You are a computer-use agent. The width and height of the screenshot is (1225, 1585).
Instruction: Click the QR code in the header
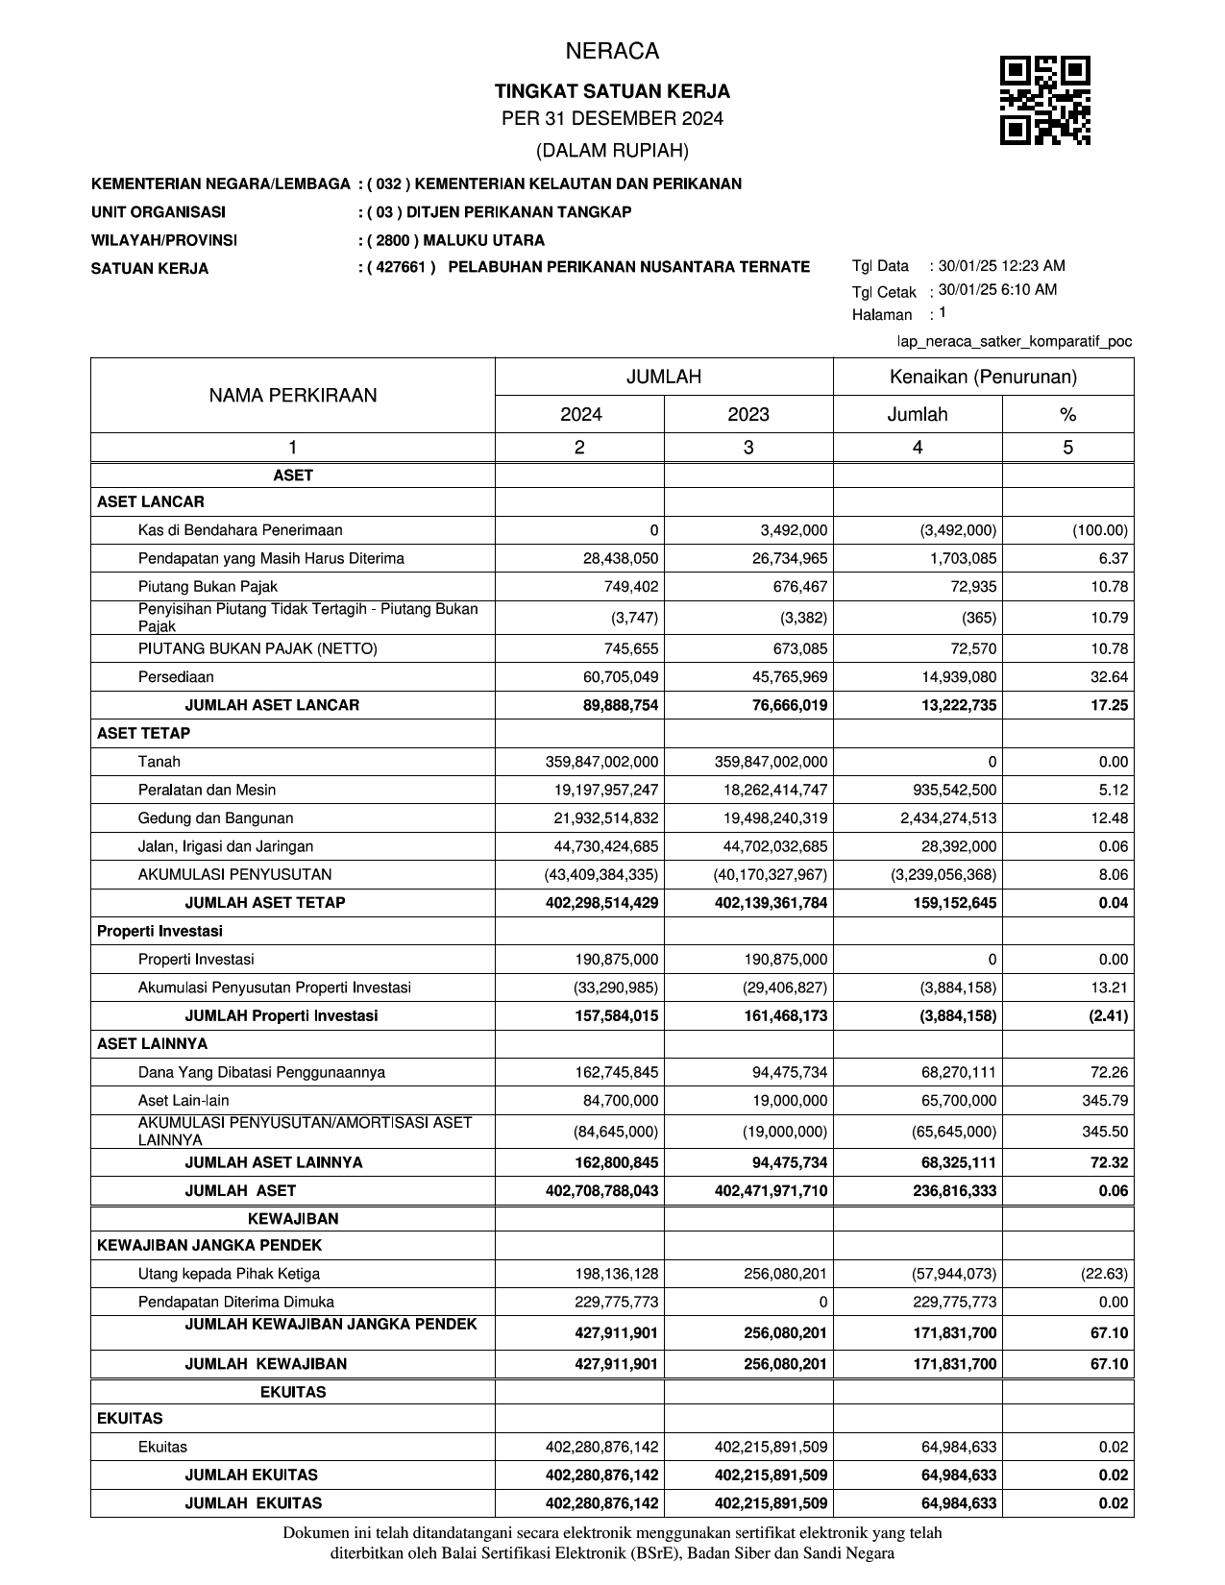[1044, 100]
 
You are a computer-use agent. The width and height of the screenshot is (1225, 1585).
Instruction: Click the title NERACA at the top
[612, 51]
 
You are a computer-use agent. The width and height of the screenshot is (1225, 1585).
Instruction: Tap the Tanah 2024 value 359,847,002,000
[602, 762]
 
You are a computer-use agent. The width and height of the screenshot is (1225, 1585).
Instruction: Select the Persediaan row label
[176, 677]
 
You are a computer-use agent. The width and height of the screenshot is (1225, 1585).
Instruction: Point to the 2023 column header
[747, 414]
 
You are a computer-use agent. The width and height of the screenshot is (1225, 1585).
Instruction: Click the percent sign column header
[1067, 414]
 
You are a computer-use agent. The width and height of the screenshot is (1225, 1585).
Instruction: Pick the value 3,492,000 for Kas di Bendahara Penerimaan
[793, 530]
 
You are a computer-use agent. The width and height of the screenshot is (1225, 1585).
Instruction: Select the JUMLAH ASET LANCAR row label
[272, 705]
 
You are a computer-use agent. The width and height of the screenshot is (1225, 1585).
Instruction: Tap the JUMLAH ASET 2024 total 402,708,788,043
[602, 1191]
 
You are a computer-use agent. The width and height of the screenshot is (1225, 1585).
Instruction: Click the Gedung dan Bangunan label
[216, 818]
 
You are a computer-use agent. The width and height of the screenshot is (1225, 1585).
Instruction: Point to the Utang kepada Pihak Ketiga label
[230, 1274]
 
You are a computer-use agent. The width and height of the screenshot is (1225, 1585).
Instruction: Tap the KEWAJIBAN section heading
[293, 1219]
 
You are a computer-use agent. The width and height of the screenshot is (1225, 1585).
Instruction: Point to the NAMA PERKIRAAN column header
[293, 395]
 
